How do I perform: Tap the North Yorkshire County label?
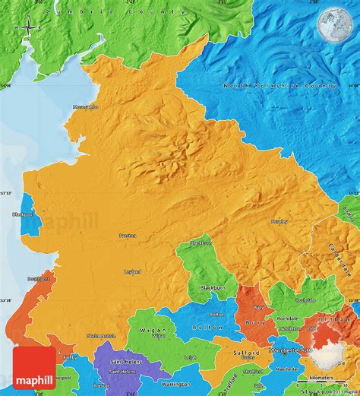pos(279,87)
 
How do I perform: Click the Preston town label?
pos(127,236)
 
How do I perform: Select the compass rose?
pos(27,27)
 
